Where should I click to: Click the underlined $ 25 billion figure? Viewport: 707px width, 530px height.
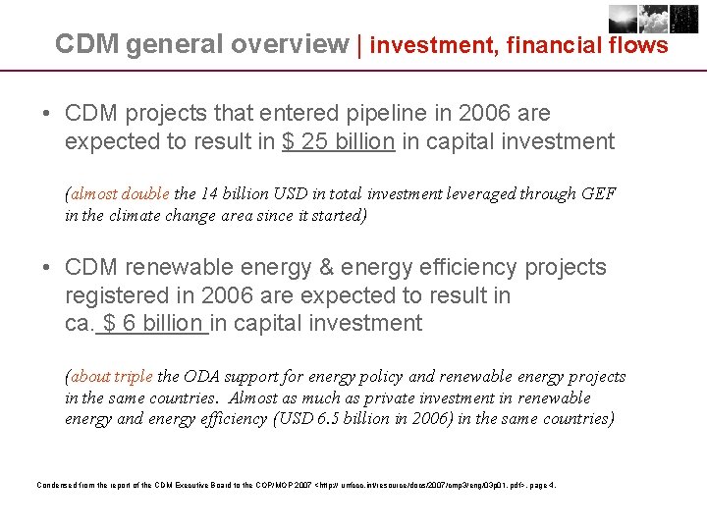point(339,141)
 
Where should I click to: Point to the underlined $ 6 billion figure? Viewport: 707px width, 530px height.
point(153,323)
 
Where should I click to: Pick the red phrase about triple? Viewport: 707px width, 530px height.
point(111,377)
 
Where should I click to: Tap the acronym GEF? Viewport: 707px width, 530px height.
point(597,193)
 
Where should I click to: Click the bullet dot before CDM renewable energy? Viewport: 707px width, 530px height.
point(47,267)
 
